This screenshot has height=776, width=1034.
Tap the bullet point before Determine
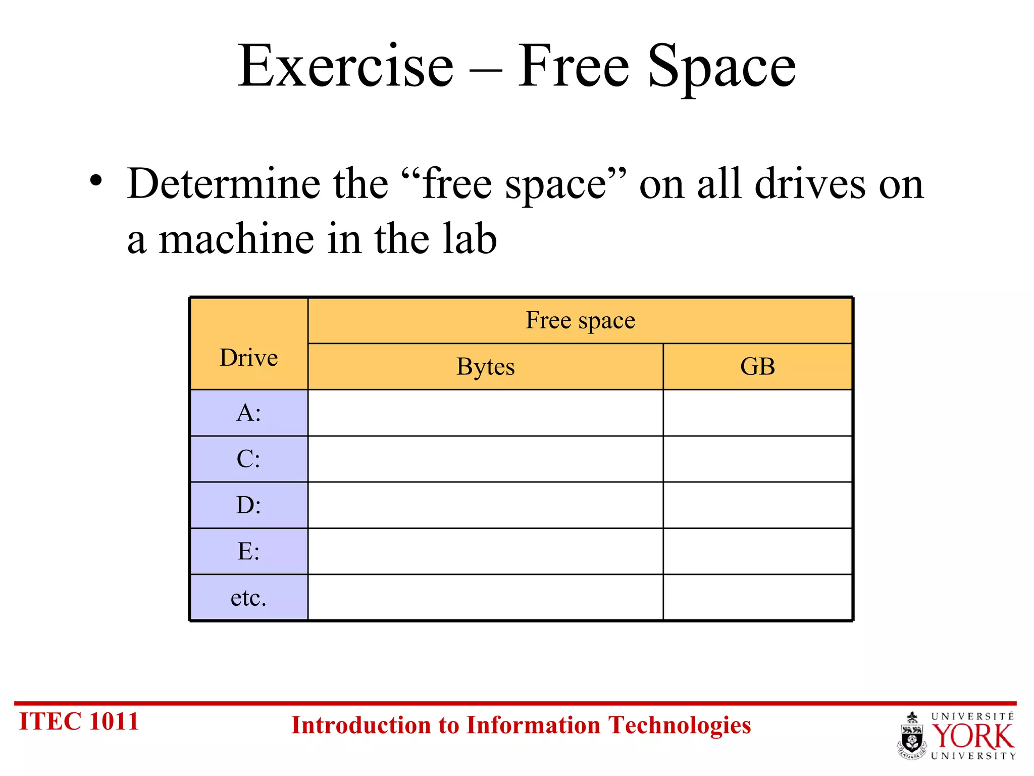click(96, 180)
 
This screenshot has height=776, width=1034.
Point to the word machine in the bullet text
click(236, 239)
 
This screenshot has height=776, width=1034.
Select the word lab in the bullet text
click(470, 238)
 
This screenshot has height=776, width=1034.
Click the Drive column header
click(248, 358)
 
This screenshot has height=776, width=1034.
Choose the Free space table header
click(580, 320)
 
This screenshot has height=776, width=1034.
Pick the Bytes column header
click(485, 367)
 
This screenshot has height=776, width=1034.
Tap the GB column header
click(757, 367)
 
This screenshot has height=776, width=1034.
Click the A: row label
click(248, 413)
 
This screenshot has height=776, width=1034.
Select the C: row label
click(248, 459)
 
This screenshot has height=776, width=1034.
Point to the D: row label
click(248, 505)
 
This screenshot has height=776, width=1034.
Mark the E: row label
click(248, 551)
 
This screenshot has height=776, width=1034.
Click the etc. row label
click(248, 598)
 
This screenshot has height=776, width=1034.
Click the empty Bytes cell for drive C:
click(485, 459)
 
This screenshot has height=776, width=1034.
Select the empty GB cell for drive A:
click(757, 413)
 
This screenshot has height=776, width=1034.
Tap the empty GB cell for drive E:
click(757, 551)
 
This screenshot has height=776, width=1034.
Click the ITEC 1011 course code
click(79, 721)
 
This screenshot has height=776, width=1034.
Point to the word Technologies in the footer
click(679, 725)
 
